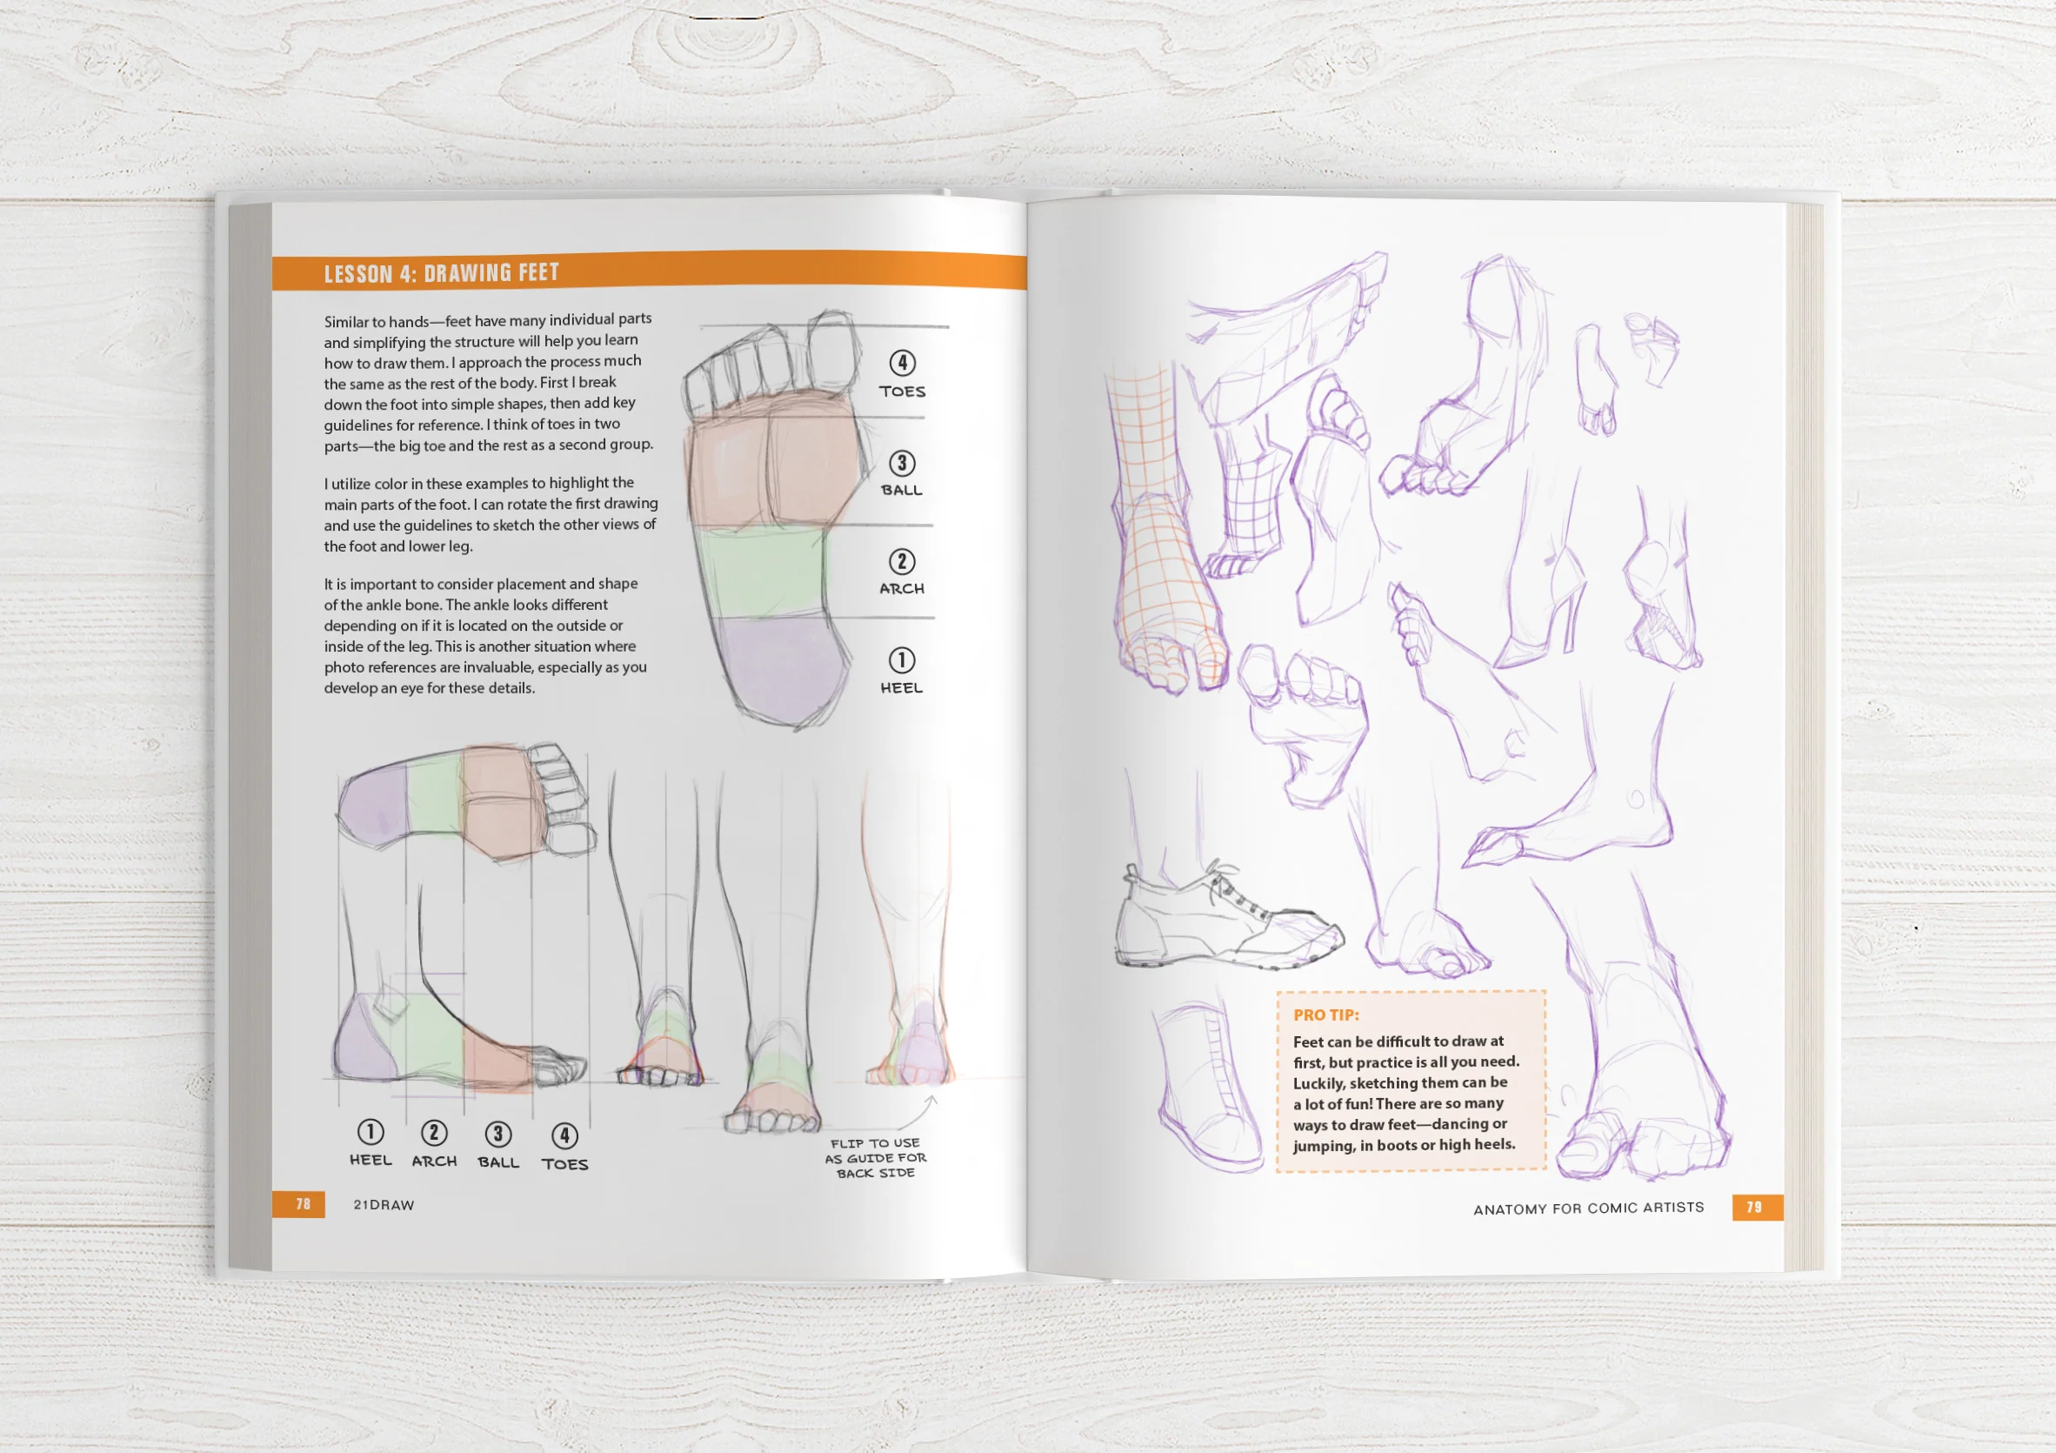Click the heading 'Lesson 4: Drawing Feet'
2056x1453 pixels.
(x=442, y=273)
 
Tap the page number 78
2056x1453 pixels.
(x=303, y=1204)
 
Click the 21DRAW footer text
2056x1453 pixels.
(x=384, y=1205)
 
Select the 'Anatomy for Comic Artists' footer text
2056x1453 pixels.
(x=1588, y=1209)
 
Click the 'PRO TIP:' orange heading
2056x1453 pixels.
(x=1325, y=1015)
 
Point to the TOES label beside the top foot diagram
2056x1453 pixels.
(x=902, y=392)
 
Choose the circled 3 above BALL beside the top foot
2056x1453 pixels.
(x=901, y=463)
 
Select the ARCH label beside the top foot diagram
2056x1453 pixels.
(x=901, y=588)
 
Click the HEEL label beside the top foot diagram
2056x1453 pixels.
(x=901, y=688)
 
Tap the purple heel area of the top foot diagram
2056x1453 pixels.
(x=779, y=667)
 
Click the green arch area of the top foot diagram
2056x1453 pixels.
(x=761, y=572)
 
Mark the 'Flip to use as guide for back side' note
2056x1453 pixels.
(x=875, y=1157)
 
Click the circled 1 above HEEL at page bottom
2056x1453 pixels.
(x=370, y=1131)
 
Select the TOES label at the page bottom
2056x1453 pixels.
(x=564, y=1163)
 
